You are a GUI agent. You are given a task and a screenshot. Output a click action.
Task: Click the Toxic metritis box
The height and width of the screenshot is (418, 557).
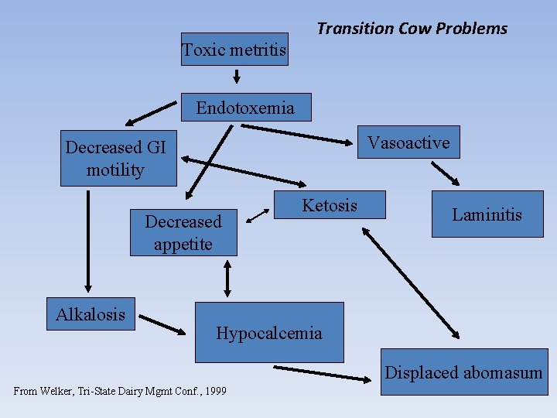pos(234,50)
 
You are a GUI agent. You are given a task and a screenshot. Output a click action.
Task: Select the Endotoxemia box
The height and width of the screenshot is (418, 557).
pos(245,108)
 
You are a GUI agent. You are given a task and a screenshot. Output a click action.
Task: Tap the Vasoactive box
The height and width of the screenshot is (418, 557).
pos(408,142)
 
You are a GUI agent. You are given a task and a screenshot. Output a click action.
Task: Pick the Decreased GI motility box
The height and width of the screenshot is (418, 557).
pos(119,159)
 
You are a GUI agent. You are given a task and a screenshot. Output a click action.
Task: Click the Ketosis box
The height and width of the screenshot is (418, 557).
pos(330,205)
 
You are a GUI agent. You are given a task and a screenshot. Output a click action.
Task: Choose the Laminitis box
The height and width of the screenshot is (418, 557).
pos(487,214)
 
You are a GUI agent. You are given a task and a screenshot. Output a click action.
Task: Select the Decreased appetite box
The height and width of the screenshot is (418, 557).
pos(183,232)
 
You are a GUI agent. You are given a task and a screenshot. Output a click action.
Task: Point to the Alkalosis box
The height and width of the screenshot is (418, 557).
pos(91,313)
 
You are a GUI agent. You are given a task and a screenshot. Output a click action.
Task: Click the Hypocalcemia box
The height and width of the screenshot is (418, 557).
pos(268,333)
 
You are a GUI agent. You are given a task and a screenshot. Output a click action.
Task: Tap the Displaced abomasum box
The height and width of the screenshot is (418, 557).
pos(463,373)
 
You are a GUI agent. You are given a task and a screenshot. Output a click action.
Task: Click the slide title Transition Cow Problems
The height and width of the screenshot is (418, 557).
pos(412,29)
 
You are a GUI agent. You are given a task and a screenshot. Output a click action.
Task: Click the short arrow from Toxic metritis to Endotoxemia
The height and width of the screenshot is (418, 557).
pos(237,77)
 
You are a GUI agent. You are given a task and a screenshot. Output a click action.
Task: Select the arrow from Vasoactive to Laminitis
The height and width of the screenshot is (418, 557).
pos(444,173)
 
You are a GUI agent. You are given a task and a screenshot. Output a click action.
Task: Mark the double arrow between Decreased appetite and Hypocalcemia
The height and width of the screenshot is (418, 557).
pos(227,279)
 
